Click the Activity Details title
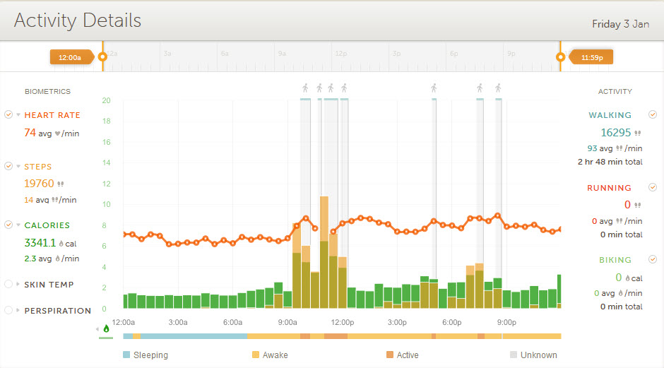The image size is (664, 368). coord(78,21)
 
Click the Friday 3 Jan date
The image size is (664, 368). coord(620,24)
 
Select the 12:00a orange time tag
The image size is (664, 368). coord(70,57)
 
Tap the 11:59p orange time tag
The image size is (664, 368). coord(591,57)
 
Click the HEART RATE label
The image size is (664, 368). coord(52,115)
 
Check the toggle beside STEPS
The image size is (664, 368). coord(8,166)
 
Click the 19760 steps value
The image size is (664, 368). coord(39,184)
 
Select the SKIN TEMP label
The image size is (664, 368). coord(49,285)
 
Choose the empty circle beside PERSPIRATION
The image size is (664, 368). coord(8,310)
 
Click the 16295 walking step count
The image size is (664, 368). coord(615,132)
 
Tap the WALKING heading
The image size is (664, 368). coord(610,115)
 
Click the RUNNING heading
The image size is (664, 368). coord(609,188)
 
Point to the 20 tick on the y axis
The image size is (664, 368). coord(106,100)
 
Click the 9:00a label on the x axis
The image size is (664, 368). coord(287,322)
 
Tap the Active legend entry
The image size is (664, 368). coord(408,355)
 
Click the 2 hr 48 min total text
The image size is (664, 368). coord(610,162)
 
